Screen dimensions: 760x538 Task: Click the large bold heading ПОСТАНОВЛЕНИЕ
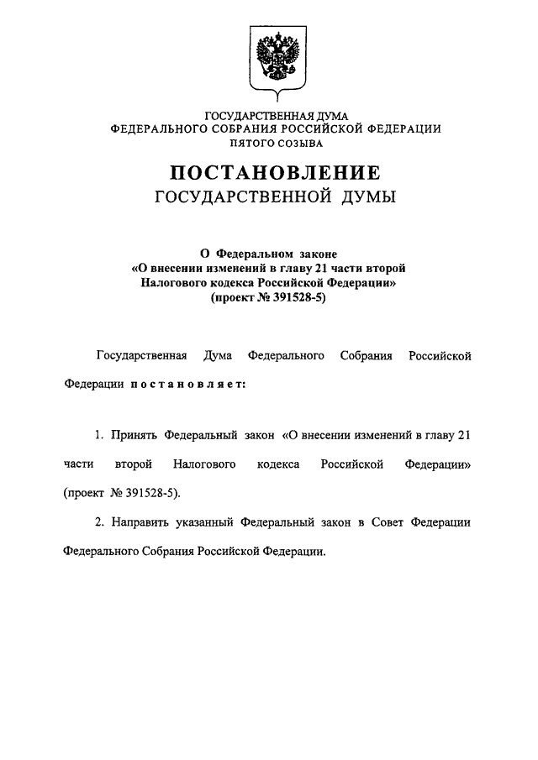276,174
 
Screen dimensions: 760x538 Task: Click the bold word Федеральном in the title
254,252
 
